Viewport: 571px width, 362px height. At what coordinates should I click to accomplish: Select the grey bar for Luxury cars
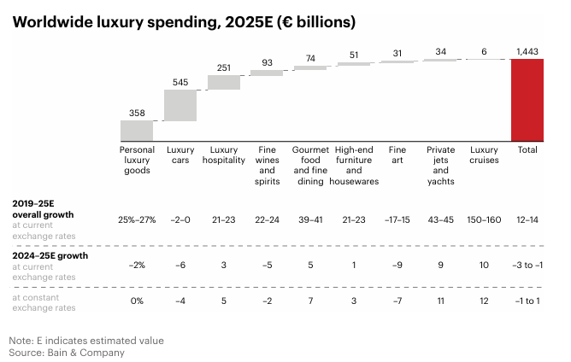[x=180, y=105]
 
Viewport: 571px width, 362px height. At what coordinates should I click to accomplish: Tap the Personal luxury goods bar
[x=137, y=130]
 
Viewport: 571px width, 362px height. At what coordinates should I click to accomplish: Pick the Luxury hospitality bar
[x=224, y=82]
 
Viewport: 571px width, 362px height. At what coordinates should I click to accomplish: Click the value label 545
[x=180, y=82]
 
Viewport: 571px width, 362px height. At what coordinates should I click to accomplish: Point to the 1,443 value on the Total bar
[x=527, y=52]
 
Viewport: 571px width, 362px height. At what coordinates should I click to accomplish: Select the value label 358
[x=137, y=113]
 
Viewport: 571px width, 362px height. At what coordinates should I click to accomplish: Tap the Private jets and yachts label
[x=440, y=165]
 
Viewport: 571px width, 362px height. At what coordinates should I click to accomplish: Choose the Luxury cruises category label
[x=484, y=155]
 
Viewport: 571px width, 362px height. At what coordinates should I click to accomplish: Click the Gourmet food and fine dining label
[x=310, y=165]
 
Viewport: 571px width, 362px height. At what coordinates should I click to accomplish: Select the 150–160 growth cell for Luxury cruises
[x=484, y=220]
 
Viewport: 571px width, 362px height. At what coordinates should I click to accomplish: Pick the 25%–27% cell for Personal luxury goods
[x=137, y=220]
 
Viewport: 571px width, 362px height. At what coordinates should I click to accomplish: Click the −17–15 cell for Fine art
[x=397, y=220]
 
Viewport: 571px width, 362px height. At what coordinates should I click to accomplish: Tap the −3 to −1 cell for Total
[x=527, y=265]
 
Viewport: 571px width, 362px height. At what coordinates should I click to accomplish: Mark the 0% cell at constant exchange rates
[x=137, y=301]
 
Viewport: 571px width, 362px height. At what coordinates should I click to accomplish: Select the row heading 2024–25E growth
[x=50, y=255]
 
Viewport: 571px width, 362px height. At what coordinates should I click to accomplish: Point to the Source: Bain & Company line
[x=67, y=352]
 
